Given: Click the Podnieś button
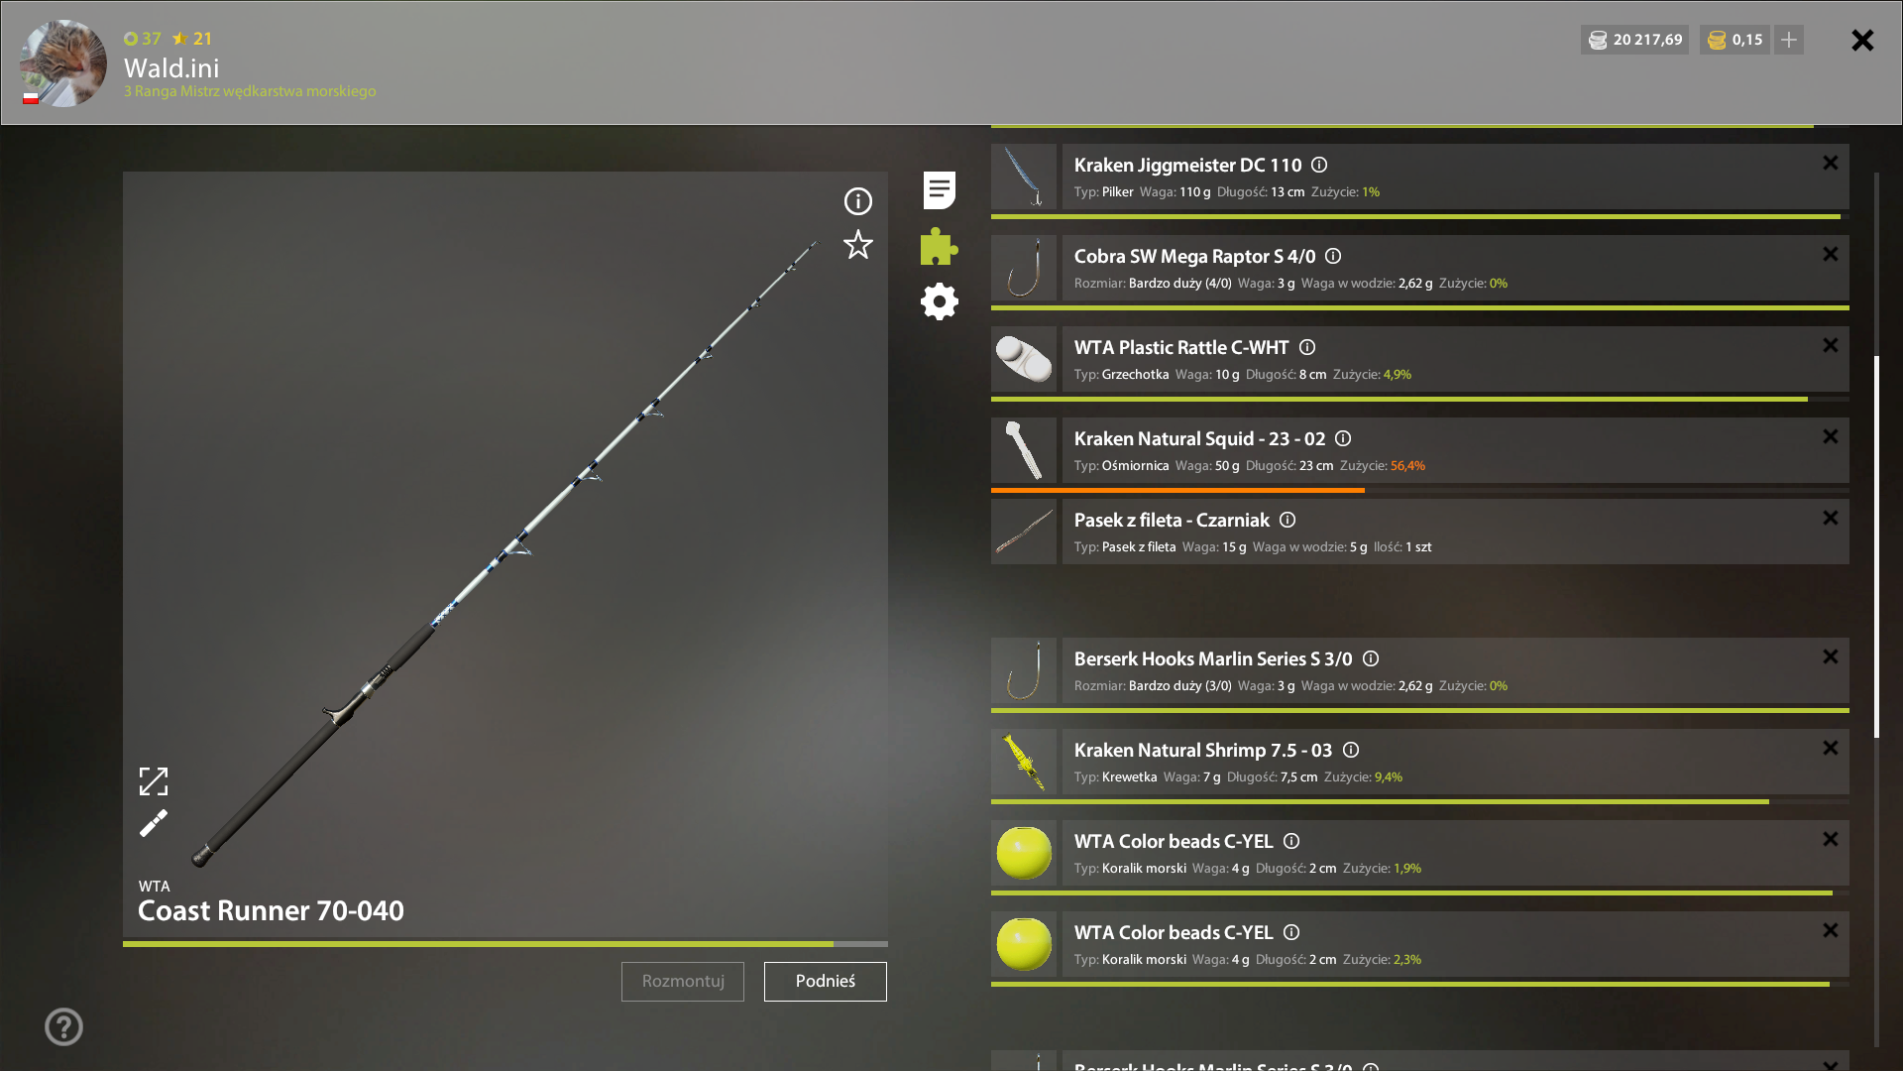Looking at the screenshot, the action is pyautogui.click(x=825, y=981).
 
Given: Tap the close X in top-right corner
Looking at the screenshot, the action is pyautogui.click(x=1862, y=40).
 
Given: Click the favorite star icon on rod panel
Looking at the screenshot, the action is pyautogui.click(x=858, y=245).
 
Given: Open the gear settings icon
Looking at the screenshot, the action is pyautogui.click(x=939, y=301).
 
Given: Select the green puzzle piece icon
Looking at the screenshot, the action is pyautogui.click(x=939, y=246).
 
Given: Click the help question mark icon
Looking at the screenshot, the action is pyautogui.click(x=63, y=1026).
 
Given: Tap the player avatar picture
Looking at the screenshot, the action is pyautogui.click(x=63, y=62).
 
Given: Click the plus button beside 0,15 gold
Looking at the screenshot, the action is pyautogui.click(x=1789, y=40).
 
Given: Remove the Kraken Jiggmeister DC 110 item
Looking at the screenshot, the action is pyautogui.click(x=1831, y=163).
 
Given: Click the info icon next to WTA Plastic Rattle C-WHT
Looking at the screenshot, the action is pyautogui.click(x=1307, y=347).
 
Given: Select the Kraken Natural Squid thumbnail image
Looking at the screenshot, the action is pyautogui.click(x=1024, y=450).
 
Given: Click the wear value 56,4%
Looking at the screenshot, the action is pyautogui.click(x=1407, y=466).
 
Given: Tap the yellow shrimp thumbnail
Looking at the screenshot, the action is pyautogui.click(x=1024, y=762).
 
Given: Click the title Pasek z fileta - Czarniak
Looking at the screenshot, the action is pyautogui.click(x=1172, y=521).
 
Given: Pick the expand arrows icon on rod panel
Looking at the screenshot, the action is pyautogui.click(x=154, y=781).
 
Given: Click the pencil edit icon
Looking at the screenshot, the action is pyautogui.click(x=154, y=823).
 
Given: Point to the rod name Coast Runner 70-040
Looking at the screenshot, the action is pyautogui.click(x=271, y=910).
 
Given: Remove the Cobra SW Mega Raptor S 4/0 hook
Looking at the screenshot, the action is pyautogui.click(x=1831, y=254).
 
